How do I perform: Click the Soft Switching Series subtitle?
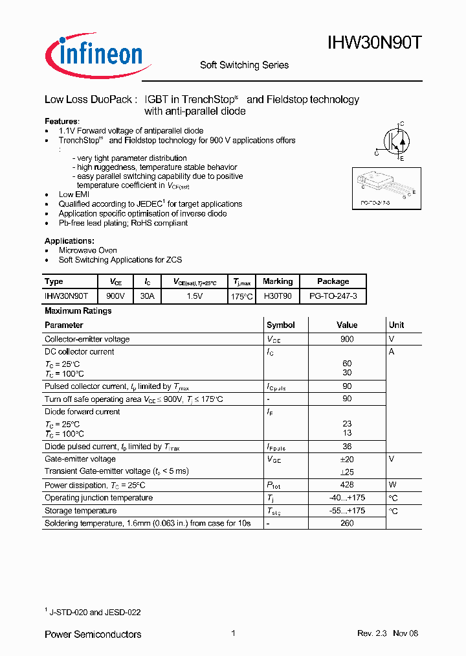pyautogui.click(x=244, y=65)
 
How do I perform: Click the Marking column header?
pyautogui.click(x=278, y=281)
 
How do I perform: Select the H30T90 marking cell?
pyautogui.click(x=278, y=296)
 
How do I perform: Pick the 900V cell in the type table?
pyautogui.click(x=116, y=296)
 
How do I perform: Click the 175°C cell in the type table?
pyautogui.click(x=241, y=296)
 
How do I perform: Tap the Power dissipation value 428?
pyautogui.click(x=346, y=485)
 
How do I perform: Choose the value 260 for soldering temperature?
pyautogui.click(x=346, y=522)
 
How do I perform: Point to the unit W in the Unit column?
pyautogui.click(x=392, y=485)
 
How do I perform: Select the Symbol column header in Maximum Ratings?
pyautogui.click(x=280, y=325)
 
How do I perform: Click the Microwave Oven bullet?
pyautogui.click(x=87, y=250)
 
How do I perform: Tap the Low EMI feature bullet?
pyautogui.click(x=74, y=194)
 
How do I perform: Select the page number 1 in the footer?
pyautogui.click(x=232, y=633)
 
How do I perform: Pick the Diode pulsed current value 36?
pyautogui.click(x=346, y=447)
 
